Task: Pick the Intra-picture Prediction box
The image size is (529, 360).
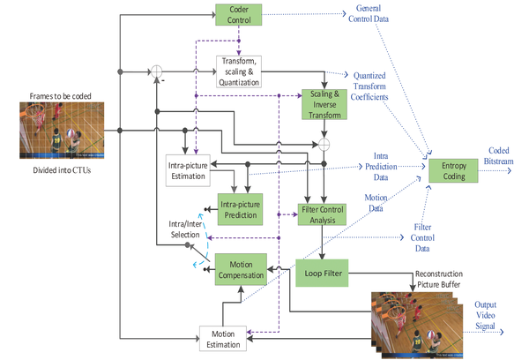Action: [241, 209]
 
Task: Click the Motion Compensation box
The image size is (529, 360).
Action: [241, 270]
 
